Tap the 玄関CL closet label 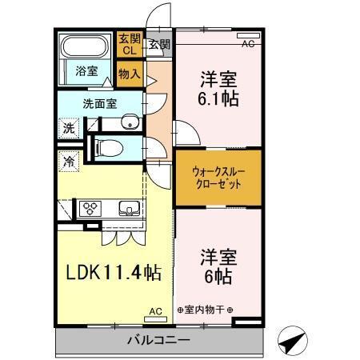click(128, 45)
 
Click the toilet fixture click(112, 147)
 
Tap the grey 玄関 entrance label click(158, 44)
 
